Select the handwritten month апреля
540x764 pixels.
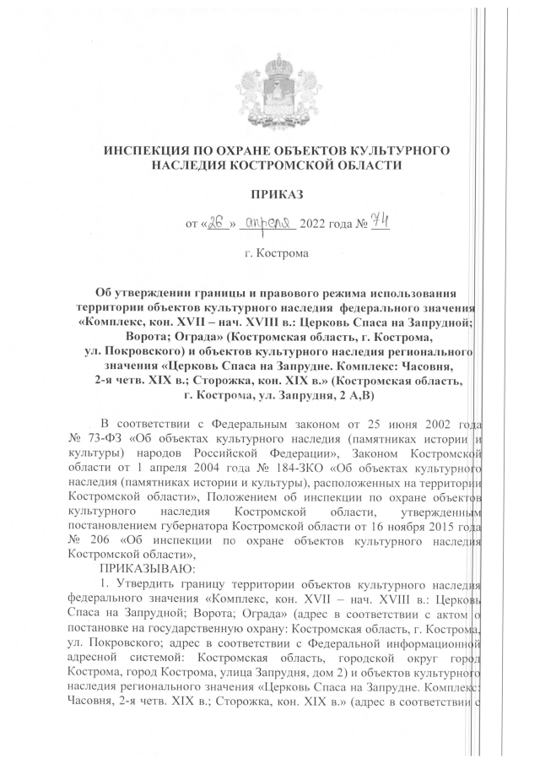(x=265, y=222)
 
